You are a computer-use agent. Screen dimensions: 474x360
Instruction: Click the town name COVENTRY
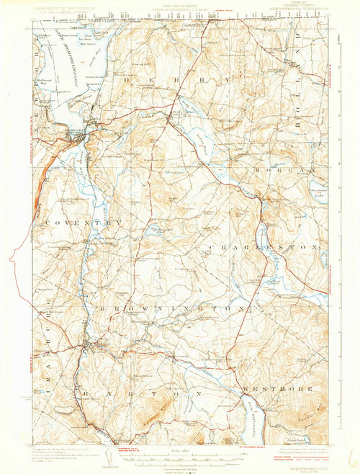tap(84, 224)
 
